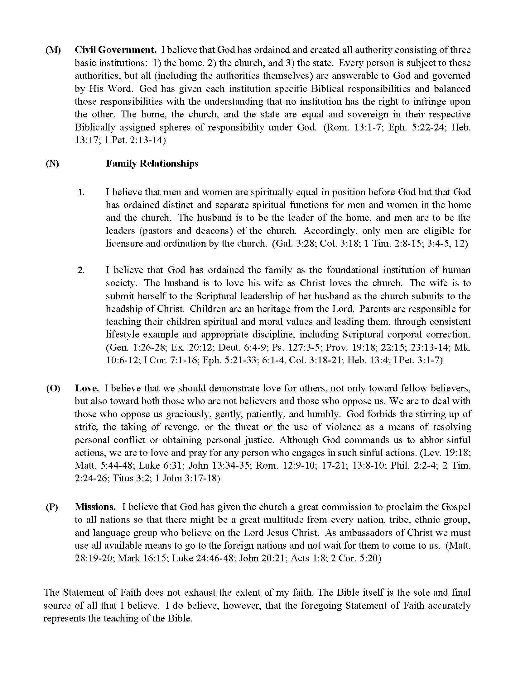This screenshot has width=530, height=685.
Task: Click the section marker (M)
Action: point(53,50)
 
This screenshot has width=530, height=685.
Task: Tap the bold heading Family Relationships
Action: point(152,163)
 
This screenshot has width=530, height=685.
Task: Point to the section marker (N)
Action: point(52,163)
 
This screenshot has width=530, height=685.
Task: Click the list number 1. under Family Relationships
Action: point(81,192)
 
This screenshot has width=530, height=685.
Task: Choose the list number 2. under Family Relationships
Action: point(81,270)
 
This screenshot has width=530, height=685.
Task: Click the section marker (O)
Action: point(53,388)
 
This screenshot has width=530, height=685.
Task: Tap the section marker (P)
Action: point(52,507)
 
